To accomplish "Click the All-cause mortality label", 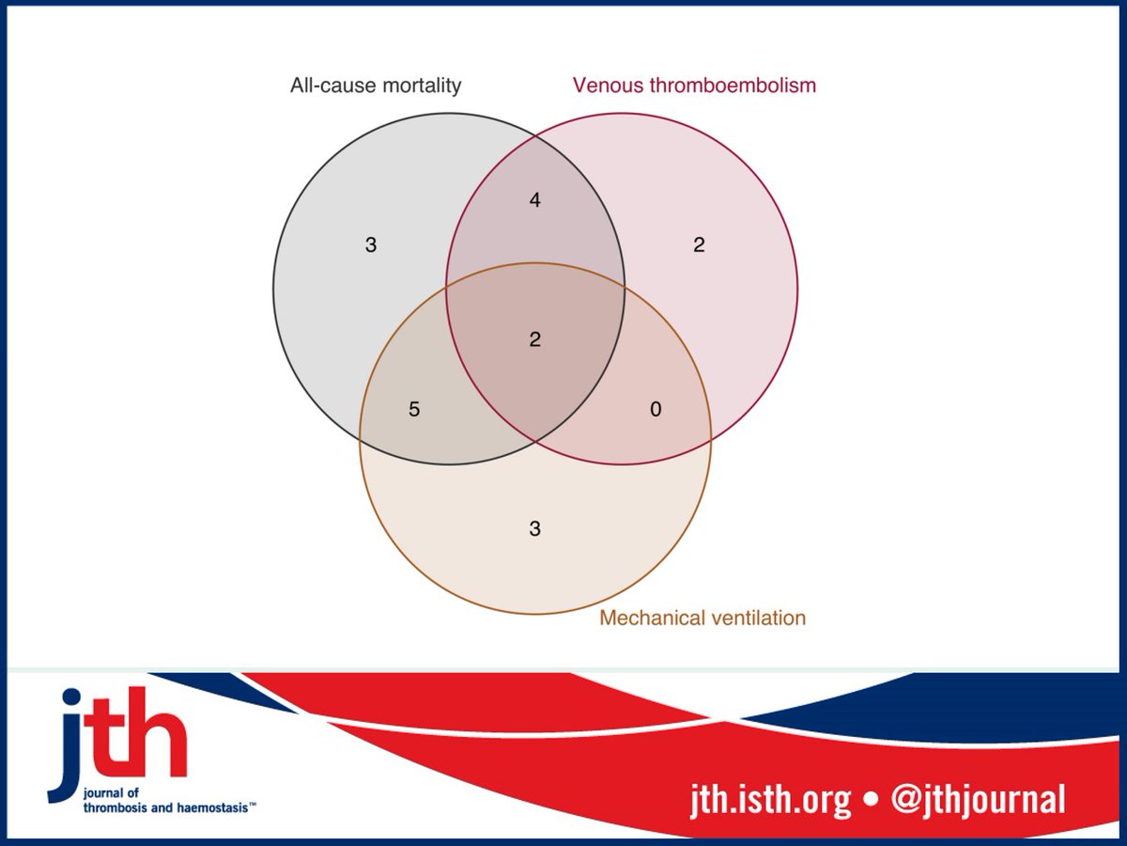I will pos(376,86).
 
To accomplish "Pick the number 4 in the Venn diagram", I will pos(535,200).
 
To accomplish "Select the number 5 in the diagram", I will pos(414,410).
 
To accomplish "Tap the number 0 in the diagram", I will pos(656,410).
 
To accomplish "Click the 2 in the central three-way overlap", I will pos(535,339).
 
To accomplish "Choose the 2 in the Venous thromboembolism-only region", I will pos(699,245).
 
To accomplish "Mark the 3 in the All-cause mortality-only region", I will pos(371,245).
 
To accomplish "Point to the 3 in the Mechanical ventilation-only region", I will pos(535,528).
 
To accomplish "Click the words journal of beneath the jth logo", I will pos(109,792).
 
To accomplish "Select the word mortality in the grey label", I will pos(420,86).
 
